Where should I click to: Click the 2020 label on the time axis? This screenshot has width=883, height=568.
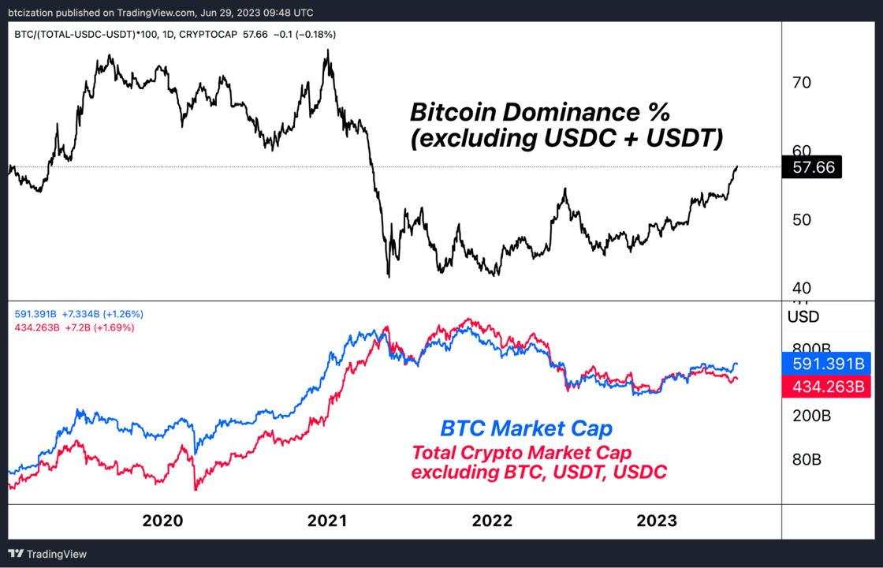[x=162, y=521]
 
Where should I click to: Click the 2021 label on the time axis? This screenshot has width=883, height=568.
[x=327, y=521]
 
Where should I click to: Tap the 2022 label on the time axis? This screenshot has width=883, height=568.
[x=492, y=521]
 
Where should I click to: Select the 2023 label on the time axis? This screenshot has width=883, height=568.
[x=657, y=521]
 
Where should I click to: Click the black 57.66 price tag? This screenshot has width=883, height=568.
[x=811, y=167]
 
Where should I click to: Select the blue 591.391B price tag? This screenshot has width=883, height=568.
[x=826, y=364]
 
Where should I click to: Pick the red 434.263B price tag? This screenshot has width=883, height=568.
[x=826, y=387]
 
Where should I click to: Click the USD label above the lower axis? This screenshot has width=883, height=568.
[x=803, y=317]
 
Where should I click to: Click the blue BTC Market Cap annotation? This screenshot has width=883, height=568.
[x=526, y=429]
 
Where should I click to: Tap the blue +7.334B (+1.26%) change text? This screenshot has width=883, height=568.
[x=102, y=314]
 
